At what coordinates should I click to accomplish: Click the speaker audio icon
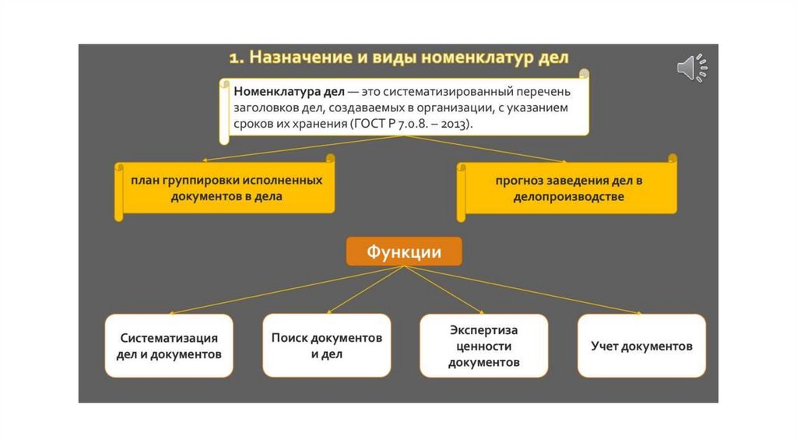click(x=690, y=68)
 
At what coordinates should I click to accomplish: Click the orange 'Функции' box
click(x=404, y=252)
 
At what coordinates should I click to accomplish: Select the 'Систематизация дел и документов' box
click(x=169, y=346)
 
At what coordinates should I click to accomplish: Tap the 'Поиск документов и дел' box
click(x=327, y=346)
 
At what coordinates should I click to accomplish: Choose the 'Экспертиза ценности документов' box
click(x=483, y=346)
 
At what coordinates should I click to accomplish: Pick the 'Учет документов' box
click(x=641, y=346)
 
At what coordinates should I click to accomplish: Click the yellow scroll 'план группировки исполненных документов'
click(x=226, y=188)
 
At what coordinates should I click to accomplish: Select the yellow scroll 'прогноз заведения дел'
click(x=568, y=188)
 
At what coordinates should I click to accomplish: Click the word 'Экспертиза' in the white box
click(x=483, y=330)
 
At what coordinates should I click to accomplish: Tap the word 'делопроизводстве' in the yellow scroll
click(x=568, y=197)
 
